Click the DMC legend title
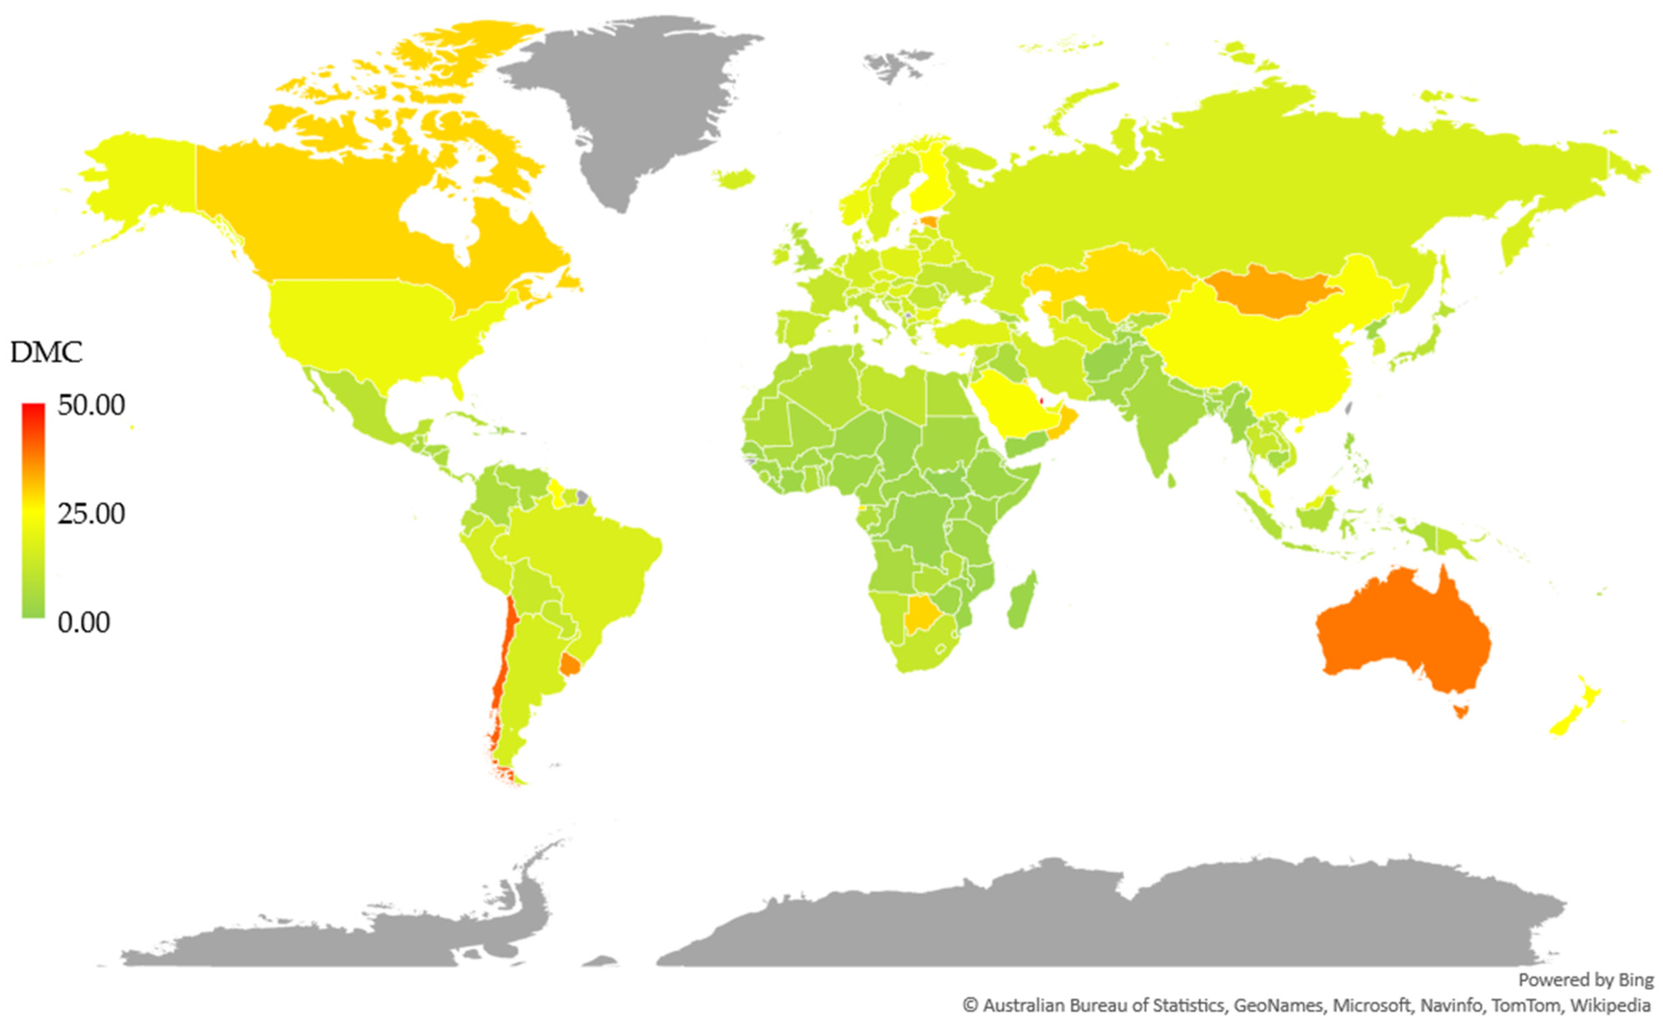click(x=46, y=353)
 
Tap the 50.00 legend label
click(x=91, y=406)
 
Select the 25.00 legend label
click(x=91, y=514)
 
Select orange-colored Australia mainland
click(x=1399, y=632)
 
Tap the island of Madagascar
click(x=1020, y=601)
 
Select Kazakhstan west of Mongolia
click(x=1114, y=278)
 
